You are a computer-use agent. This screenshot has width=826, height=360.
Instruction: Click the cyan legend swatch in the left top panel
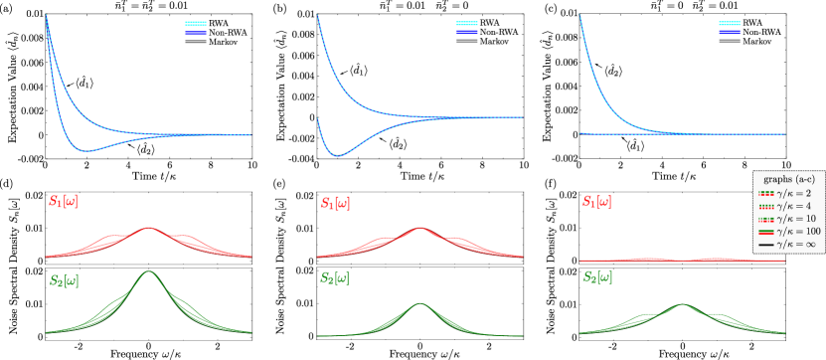196,24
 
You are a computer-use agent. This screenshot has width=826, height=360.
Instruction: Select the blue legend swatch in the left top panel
196,33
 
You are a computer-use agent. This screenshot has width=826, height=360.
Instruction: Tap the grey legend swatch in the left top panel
196,42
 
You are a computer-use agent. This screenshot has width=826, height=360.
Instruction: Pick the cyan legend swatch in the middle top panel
467,24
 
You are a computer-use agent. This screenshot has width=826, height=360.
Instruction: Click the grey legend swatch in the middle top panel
467,42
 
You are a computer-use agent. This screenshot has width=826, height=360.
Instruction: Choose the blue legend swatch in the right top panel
730,33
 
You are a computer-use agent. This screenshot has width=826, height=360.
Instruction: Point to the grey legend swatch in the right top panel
730,42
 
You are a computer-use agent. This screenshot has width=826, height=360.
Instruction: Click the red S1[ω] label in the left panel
63,201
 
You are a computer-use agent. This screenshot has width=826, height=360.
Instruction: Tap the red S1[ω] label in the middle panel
333,202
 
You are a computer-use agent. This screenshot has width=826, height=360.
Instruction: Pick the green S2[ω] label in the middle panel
333,278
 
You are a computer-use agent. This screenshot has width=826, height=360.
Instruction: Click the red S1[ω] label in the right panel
596,202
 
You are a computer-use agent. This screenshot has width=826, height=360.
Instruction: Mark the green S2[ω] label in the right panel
596,276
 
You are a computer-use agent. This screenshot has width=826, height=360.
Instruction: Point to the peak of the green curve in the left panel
149,271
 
